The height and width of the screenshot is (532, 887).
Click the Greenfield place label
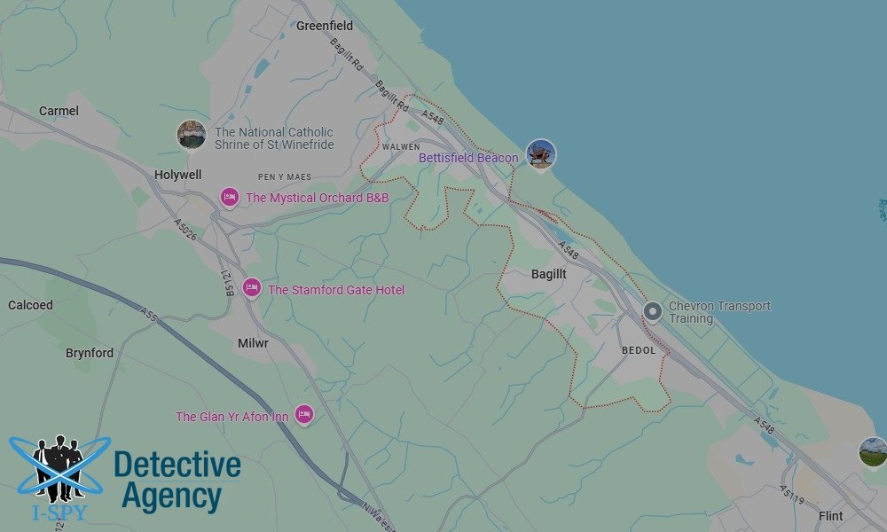click(x=325, y=26)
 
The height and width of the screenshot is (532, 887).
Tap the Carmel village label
click(x=59, y=111)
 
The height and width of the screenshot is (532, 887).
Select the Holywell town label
click(x=177, y=175)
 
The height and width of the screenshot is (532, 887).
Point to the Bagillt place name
click(x=548, y=274)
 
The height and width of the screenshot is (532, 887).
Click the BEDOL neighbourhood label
click(x=639, y=350)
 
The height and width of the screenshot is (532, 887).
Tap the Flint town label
click(x=831, y=516)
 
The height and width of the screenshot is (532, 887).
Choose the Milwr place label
click(x=253, y=342)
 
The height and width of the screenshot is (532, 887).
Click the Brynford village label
click(x=90, y=353)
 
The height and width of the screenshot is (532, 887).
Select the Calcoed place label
click(x=30, y=305)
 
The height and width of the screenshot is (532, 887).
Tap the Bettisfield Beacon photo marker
click(x=540, y=154)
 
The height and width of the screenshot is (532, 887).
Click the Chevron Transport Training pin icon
click(x=653, y=311)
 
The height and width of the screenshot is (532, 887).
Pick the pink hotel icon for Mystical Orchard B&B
click(x=229, y=197)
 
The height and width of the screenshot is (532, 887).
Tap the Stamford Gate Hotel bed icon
click(x=252, y=289)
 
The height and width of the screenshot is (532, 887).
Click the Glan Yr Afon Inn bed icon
click(x=304, y=413)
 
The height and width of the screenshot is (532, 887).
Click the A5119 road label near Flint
click(x=792, y=495)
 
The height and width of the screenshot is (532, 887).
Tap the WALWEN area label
click(x=401, y=147)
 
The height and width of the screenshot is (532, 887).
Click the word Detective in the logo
click(x=177, y=465)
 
